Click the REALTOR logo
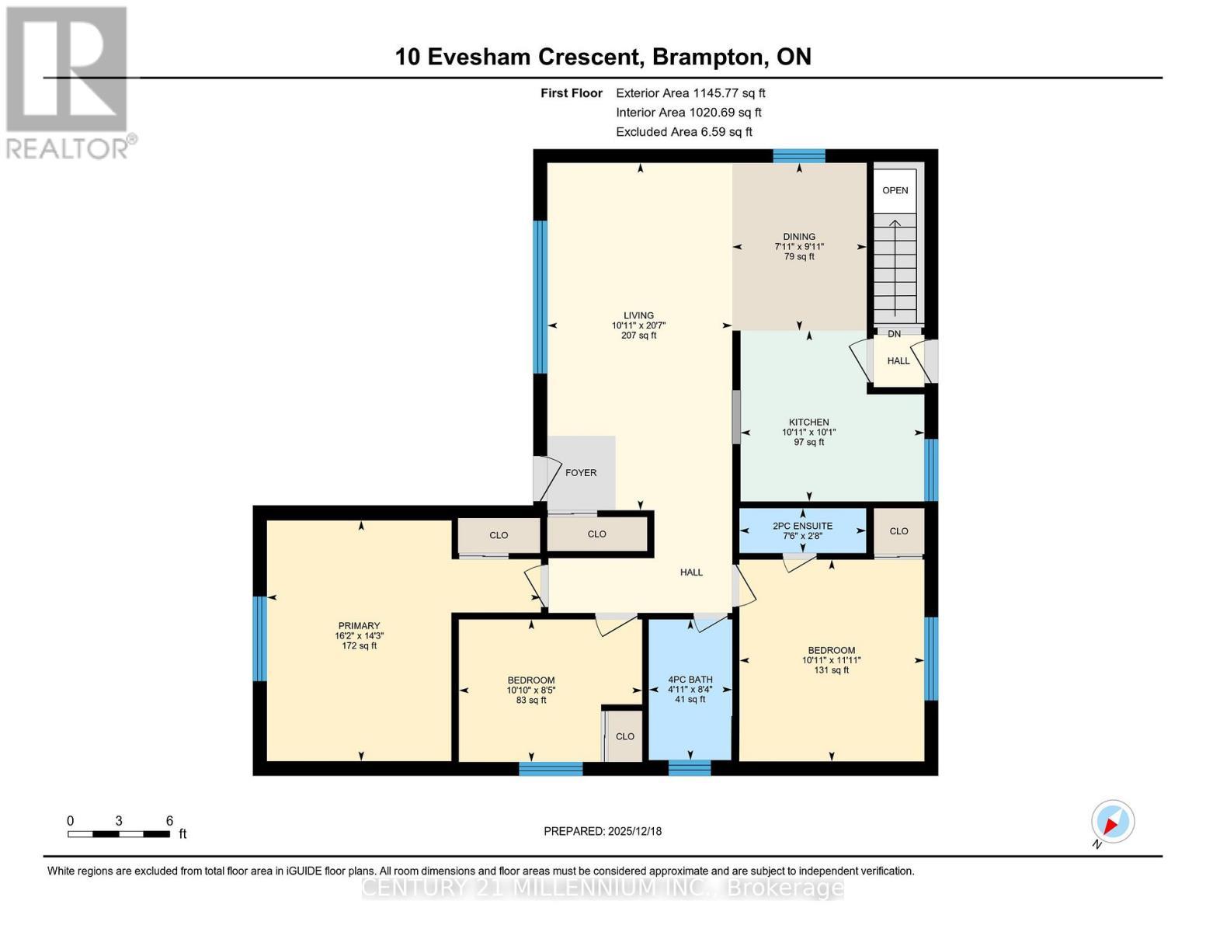pos(68,82)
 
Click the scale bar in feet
pos(119,833)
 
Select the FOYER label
pos(580,473)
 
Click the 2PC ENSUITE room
pos(802,530)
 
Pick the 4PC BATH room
pos(690,689)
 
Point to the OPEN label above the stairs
pos(895,190)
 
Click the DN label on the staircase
pos(894,334)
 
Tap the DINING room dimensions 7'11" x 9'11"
pos(799,247)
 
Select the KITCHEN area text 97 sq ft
pos(808,443)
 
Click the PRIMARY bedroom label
pos(359,626)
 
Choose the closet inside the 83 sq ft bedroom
pos(624,736)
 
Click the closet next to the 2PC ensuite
pos(898,531)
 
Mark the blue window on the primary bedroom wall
pos(260,638)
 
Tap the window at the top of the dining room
pos(798,155)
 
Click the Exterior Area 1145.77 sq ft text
pos(690,93)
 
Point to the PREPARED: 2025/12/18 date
pos(603,831)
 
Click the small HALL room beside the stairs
pos(898,361)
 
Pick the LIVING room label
pos(638,316)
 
